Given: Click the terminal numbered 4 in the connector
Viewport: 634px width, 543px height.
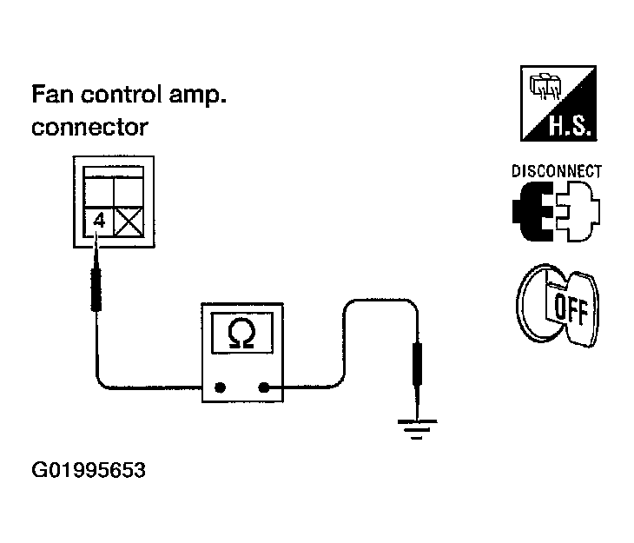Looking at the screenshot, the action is pos(99,222).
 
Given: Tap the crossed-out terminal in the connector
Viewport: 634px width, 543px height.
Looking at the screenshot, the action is pos(129,222).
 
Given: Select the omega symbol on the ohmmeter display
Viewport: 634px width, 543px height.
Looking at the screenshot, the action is pos(241,334).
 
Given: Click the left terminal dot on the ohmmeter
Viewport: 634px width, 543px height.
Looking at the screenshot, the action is pos(220,387).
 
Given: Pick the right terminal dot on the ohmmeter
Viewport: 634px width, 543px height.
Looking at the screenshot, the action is pos(264,387).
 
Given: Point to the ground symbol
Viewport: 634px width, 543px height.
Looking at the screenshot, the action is pos(417,429).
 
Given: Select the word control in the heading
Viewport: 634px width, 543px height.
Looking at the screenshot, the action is pos(121,95).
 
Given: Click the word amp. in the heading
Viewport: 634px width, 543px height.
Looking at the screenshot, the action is pos(197,96).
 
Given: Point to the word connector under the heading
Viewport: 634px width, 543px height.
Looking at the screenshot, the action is pos(89,128).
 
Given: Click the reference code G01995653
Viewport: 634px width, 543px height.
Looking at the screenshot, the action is pos(89,470).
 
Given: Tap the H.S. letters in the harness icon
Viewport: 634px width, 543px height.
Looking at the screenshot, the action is pos(570,125).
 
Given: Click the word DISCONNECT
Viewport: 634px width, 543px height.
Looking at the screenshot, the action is pos(557,171).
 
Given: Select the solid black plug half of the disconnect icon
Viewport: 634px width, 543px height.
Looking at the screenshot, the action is pos(532,211).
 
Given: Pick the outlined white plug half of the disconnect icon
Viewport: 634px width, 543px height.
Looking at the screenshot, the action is pos(578,211).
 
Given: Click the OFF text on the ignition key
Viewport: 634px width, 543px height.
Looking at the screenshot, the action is pos(571,309).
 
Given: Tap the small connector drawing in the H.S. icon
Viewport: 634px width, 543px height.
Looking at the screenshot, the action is pos(545,86).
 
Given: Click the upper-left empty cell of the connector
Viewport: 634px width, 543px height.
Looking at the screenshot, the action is pos(99,194).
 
